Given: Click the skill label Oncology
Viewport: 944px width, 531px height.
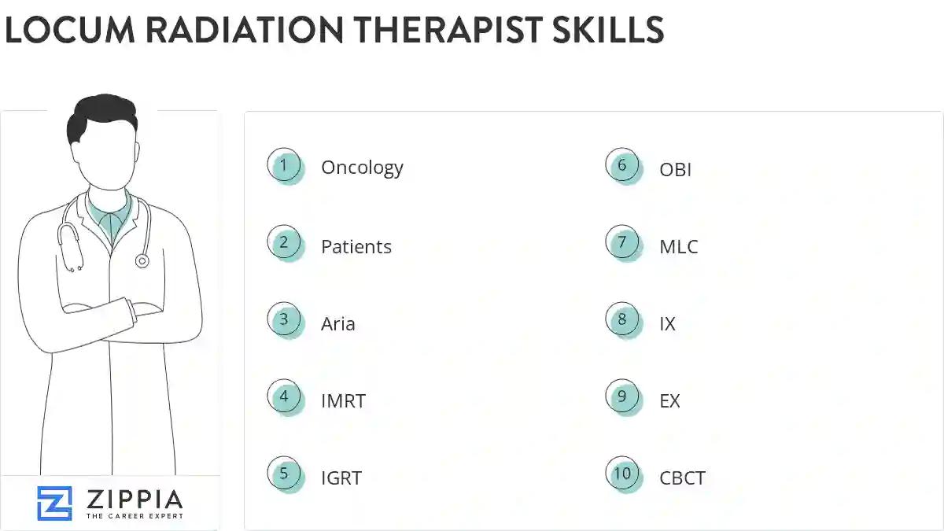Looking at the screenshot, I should [362, 168].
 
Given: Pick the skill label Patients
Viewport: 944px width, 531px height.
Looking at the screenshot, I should [356, 246].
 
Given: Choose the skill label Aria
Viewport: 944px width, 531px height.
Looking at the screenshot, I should [337, 323].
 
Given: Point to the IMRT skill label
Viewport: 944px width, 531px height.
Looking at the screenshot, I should [343, 400].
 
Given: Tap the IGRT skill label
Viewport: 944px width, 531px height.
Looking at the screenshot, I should [341, 478].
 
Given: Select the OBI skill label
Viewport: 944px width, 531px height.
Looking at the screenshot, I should [675, 168].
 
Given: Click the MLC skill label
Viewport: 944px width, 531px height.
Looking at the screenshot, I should [678, 246].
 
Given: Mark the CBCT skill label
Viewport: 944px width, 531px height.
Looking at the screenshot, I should [682, 478].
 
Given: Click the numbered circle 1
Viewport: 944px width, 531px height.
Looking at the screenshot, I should [284, 165].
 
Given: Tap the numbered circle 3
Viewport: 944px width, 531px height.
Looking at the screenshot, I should [284, 320].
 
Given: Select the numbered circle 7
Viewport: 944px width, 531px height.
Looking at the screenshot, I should [622, 242].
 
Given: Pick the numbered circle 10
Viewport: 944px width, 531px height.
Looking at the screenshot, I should [622, 474].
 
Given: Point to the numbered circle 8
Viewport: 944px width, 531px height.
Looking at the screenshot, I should [622, 320].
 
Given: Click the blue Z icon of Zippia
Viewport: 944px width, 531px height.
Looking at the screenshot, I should [54, 503].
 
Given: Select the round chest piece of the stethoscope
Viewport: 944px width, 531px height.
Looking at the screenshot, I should [142, 260].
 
